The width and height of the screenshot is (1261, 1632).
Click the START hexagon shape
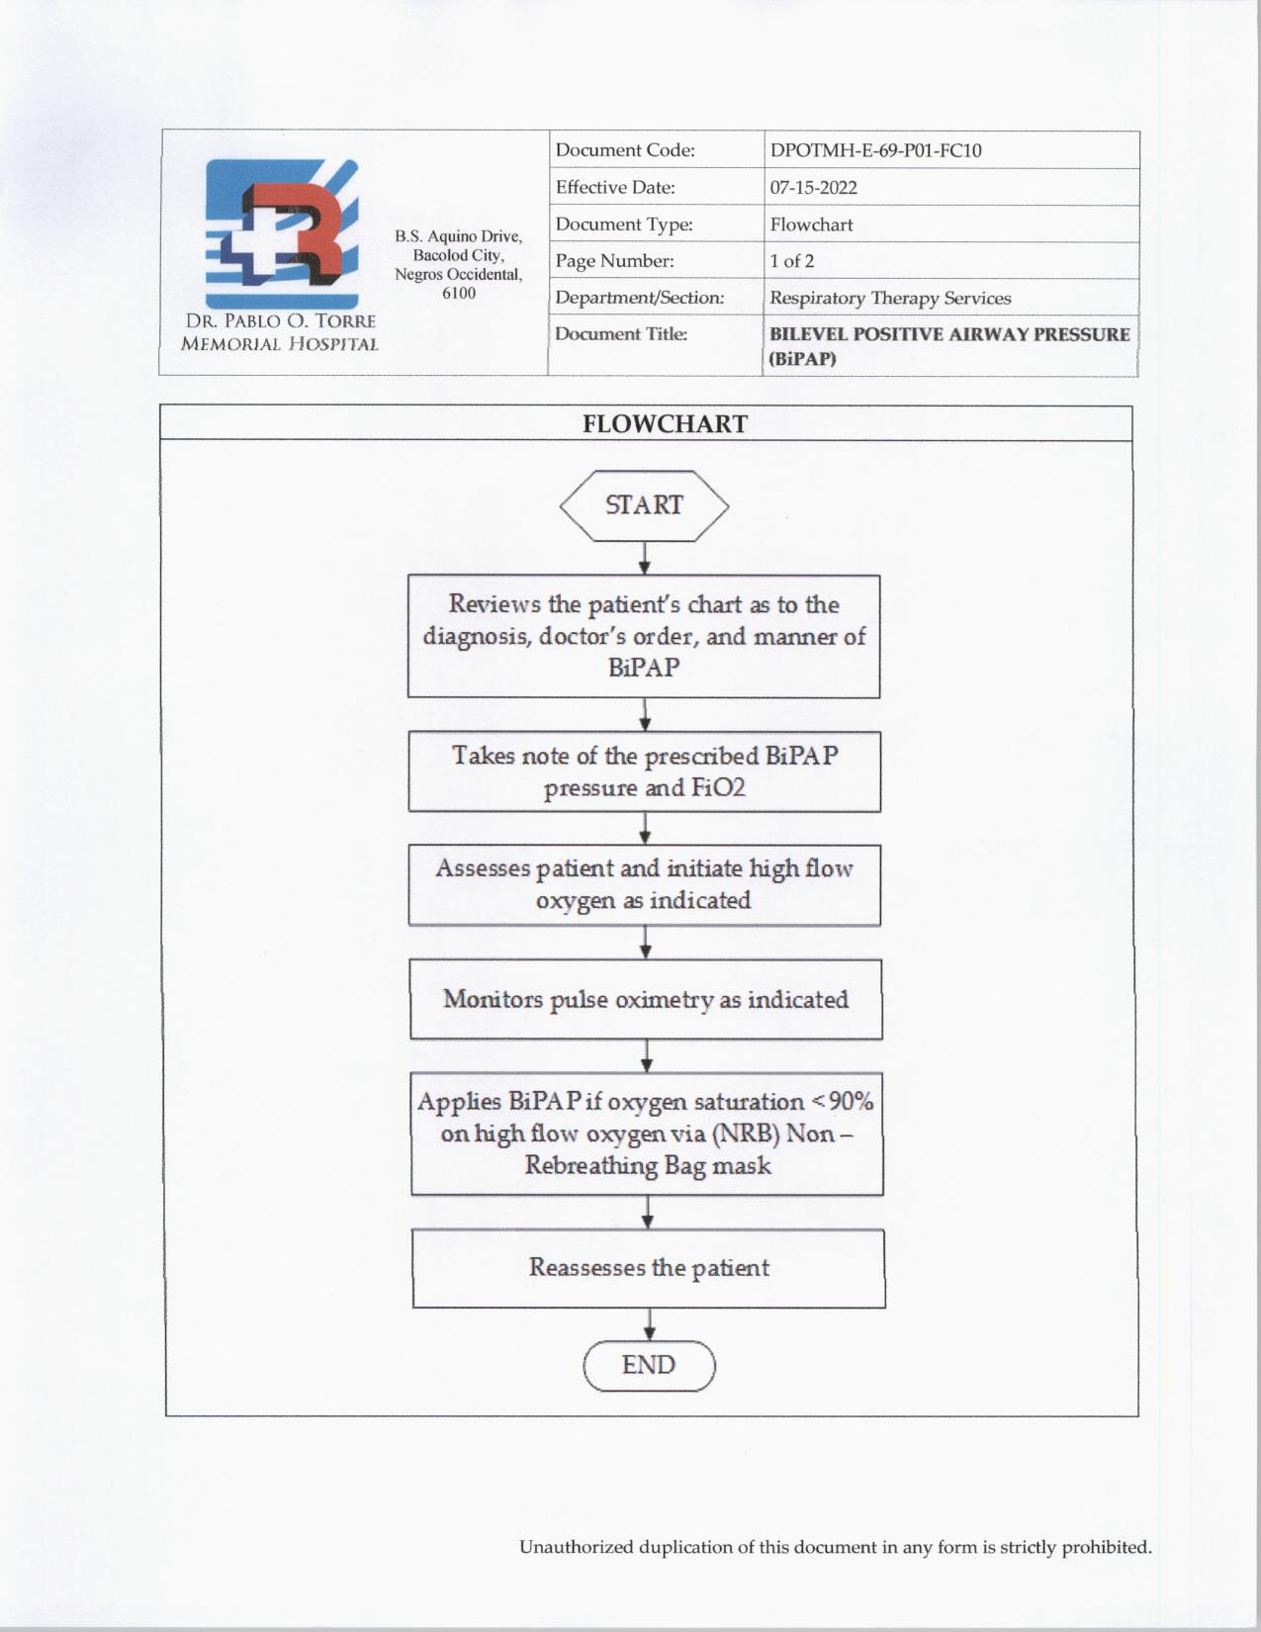(x=644, y=505)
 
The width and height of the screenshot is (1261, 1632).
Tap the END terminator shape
(x=649, y=1366)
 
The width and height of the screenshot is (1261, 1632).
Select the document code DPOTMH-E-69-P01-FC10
(x=875, y=150)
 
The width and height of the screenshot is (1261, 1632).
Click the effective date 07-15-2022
(x=813, y=188)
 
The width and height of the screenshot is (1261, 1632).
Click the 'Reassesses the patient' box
(x=648, y=1268)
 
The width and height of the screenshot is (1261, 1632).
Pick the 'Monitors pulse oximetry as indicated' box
(x=646, y=999)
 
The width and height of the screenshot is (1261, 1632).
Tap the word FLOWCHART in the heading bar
(x=665, y=424)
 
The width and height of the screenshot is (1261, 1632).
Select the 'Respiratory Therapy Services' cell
(x=890, y=298)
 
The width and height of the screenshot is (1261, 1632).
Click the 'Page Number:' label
(x=614, y=261)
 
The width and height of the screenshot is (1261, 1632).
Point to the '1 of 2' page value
(x=791, y=261)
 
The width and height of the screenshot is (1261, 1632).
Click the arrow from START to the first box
(x=644, y=559)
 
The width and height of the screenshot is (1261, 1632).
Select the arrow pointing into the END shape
(x=649, y=1324)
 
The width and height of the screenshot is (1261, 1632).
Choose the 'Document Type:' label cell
(x=623, y=225)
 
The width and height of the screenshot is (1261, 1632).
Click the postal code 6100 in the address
(x=458, y=294)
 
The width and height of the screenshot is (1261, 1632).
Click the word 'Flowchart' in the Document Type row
(x=811, y=225)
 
